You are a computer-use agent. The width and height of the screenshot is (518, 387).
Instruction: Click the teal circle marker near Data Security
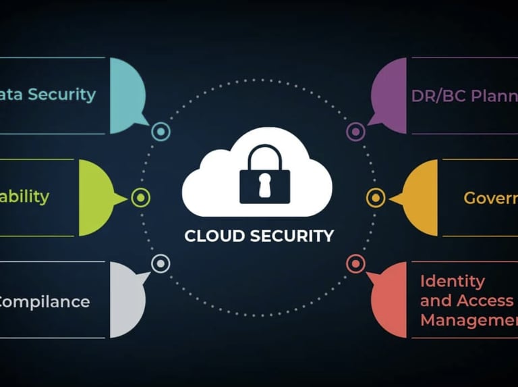(x=161, y=132)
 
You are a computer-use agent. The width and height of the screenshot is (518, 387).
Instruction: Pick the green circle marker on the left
(x=140, y=198)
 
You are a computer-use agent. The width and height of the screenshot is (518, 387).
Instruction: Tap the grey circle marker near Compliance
(x=161, y=263)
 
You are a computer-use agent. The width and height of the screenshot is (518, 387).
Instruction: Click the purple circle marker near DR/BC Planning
(x=355, y=132)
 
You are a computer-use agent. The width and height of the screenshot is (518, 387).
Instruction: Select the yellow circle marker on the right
(x=376, y=198)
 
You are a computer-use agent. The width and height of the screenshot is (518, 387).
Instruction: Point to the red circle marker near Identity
(x=355, y=263)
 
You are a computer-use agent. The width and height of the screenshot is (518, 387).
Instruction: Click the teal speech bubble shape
(x=127, y=95)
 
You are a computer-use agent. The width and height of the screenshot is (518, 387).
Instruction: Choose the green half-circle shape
(x=94, y=198)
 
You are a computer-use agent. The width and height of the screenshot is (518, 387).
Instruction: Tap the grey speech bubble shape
(x=127, y=300)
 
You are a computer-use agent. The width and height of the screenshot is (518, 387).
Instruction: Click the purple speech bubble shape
(x=390, y=95)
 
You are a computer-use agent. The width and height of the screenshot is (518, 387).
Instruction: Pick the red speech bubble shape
(x=390, y=300)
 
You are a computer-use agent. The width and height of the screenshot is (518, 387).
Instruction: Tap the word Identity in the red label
(x=453, y=280)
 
